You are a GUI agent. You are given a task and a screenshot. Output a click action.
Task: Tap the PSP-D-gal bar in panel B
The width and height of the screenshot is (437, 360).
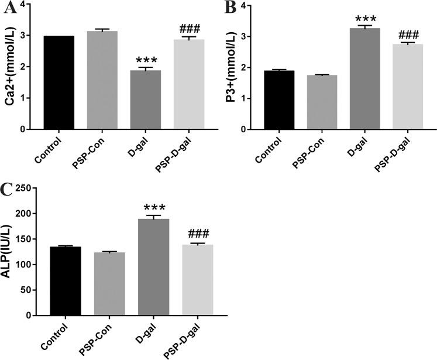coord(407,86)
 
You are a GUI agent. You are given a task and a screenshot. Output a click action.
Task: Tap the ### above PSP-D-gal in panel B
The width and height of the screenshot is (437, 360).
coord(407,35)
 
